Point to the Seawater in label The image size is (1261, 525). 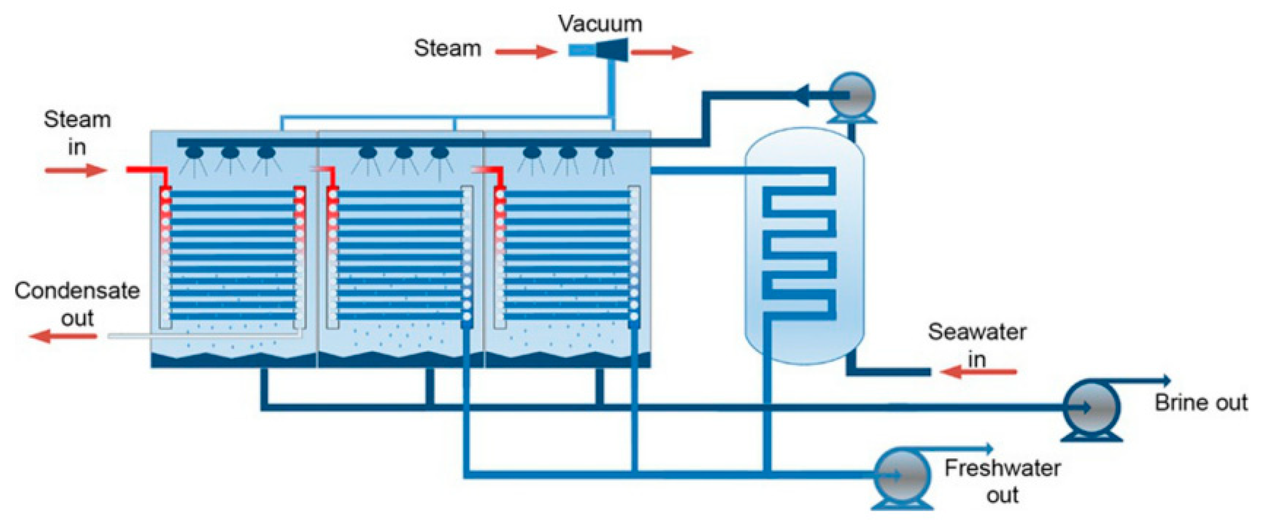pyautogui.click(x=977, y=345)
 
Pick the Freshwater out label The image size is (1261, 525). pyautogui.click(x=1002, y=481)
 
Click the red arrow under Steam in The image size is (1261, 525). pyautogui.click(x=76, y=170)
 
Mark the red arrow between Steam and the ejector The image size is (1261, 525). pyautogui.click(x=526, y=51)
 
